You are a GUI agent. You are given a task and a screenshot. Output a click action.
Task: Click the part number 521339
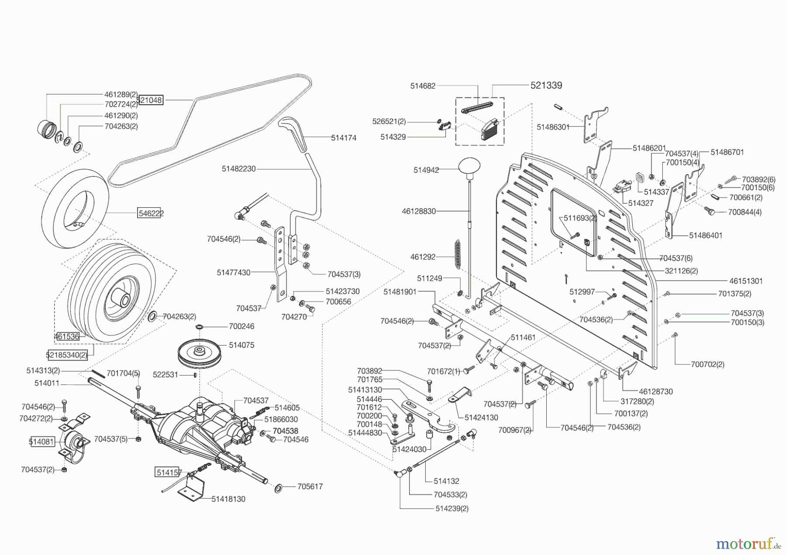546,86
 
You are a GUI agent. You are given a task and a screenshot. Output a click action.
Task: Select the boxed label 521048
150,100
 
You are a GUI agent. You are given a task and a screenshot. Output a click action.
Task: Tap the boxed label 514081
41,442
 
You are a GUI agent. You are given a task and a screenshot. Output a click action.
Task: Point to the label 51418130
228,499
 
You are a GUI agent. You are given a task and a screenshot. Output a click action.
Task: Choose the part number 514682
423,86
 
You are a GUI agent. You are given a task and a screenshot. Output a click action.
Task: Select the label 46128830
419,211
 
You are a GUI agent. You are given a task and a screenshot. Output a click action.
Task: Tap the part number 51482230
238,169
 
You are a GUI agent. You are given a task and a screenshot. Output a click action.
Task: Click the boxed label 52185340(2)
67,355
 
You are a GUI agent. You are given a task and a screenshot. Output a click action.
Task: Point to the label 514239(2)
452,509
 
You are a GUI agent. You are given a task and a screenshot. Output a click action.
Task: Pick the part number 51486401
706,236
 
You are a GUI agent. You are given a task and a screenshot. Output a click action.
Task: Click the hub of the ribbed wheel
122,300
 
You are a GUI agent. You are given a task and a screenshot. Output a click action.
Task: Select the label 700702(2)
707,364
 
